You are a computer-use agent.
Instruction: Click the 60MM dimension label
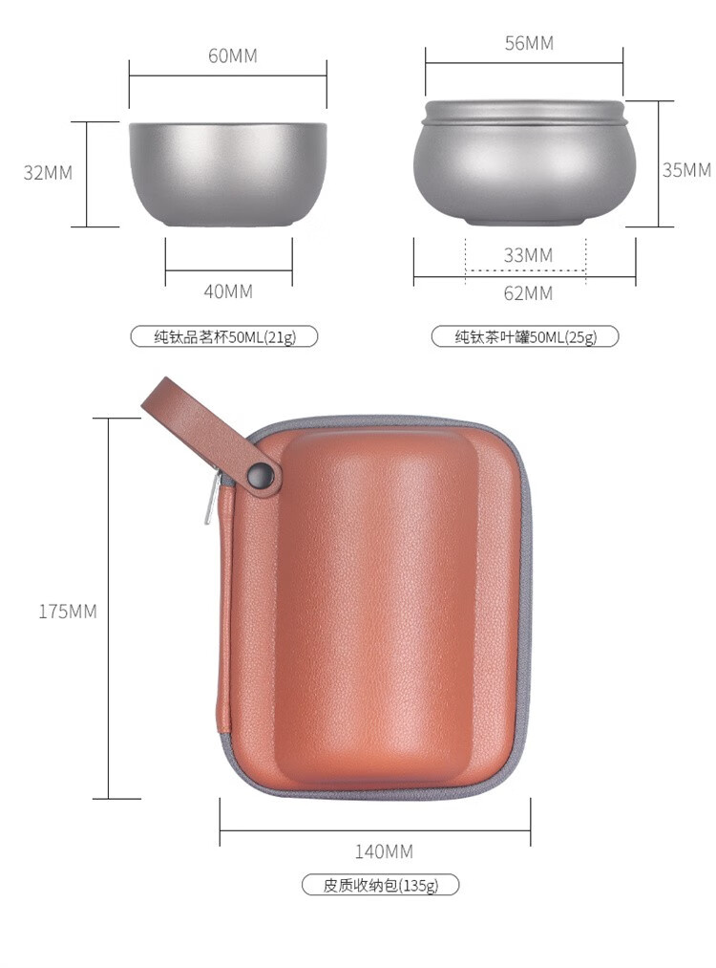click(x=233, y=55)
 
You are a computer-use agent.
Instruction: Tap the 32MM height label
click(x=48, y=173)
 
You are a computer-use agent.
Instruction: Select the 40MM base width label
click(x=228, y=291)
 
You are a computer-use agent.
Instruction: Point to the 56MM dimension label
click(x=529, y=43)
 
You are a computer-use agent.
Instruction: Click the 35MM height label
click(x=686, y=170)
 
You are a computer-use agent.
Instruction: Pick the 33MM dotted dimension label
click(x=528, y=255)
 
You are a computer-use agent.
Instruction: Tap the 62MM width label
click(x=528, y=293)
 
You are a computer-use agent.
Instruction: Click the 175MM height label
click(x=68, y=612)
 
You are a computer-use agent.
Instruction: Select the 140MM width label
click(x=384, y=852)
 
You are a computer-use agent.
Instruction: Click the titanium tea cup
click(x=227, y=174)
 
